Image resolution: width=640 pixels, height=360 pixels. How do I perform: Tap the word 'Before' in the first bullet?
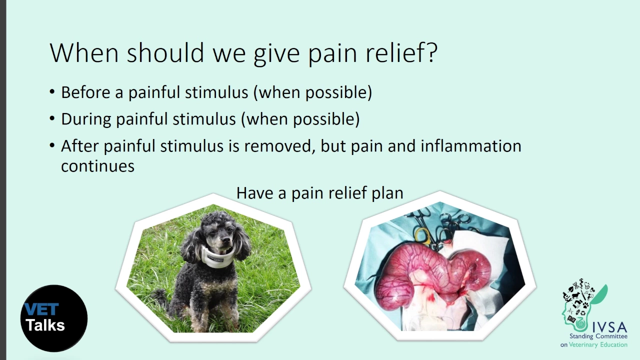point(85,92)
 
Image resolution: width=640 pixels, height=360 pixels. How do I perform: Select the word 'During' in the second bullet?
point(86,119)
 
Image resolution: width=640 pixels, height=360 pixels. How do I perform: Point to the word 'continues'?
point(97,166)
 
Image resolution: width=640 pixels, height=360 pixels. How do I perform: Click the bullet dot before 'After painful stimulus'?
point(52,145)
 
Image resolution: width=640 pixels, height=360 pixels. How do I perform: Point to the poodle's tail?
point(160,295)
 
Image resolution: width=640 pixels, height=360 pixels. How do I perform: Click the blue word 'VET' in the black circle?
point(41,309)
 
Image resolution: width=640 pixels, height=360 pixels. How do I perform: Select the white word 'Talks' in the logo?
point(45,325)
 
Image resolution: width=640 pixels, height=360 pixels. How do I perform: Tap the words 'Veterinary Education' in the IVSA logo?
point(598,344)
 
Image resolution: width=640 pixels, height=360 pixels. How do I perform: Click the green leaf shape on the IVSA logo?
point(600,294)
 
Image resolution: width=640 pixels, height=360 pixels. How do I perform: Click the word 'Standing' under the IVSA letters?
point(581,336)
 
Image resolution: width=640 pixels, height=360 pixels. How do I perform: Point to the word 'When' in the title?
point(84,52)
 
